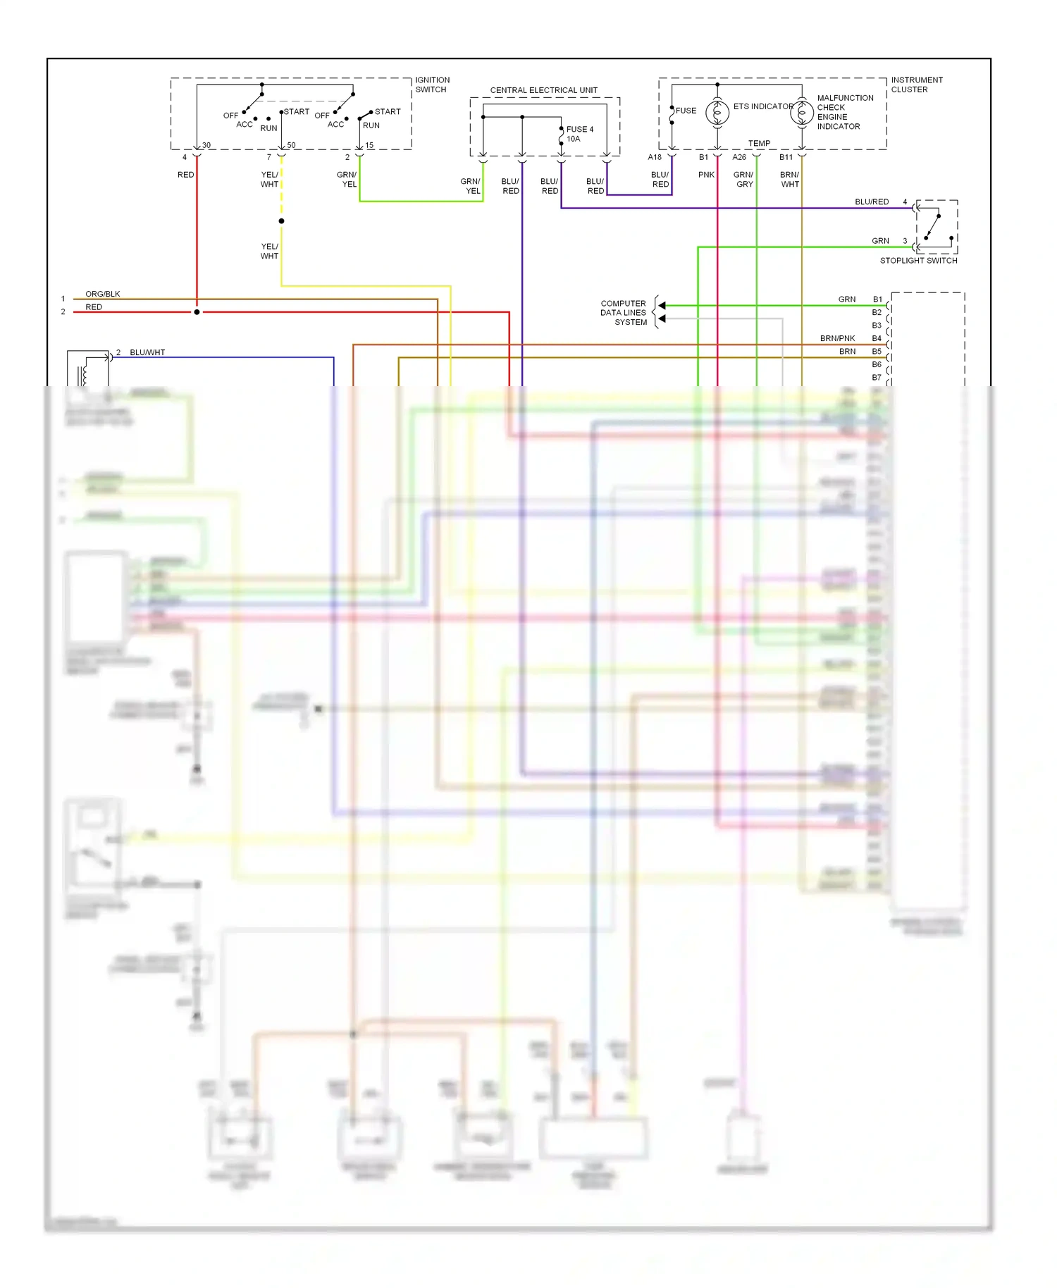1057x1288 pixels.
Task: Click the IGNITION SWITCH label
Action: pyautogui.click(x=432, y=85)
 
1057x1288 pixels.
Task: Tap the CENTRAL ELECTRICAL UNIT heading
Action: pyautogui.click(x=543, y=90)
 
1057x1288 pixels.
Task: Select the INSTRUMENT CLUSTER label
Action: pyautogui.click(x=916, y=85)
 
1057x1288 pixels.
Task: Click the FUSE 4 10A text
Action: pyautogui.click(x=579, y=134)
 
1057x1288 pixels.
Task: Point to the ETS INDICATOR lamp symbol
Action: pyautogui.click(x=717, y=113)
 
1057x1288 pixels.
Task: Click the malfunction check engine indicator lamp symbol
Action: pyautogui.click(x=802, y=113)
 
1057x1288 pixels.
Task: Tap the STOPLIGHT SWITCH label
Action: pyautogui.click(x=918, y=261)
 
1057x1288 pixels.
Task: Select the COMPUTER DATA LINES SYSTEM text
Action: pyautogui.click(x=624, y=313)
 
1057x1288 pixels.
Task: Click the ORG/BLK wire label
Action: pyautogui.click(x=103, y=294)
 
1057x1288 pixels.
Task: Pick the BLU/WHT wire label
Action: pyautogui.click(x=147, y=352)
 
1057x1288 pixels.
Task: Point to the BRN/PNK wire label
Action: pyautogui.click(x=837, y=338)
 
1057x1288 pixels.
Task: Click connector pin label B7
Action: pyautogui.click(x=877, y=378)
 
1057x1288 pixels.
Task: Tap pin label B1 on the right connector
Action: pyautogui.click(x=877, y=299)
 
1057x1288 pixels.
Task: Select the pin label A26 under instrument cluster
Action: pyautogui.click(x=739, y=157)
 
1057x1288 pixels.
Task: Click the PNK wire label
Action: pyautogui.click(x=706, y=175)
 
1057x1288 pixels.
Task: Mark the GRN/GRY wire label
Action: pyautogui.click(x=743, y=180)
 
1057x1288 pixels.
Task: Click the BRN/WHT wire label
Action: pyautogui.click(x=789, y=180)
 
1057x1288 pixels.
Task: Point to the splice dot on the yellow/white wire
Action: pyautogui.click(x=281, y=221)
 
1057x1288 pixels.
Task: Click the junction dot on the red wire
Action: pyautogui.click(x=197, y=311)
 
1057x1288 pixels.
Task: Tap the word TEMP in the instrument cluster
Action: pyautogui.click(x=759, y=143)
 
